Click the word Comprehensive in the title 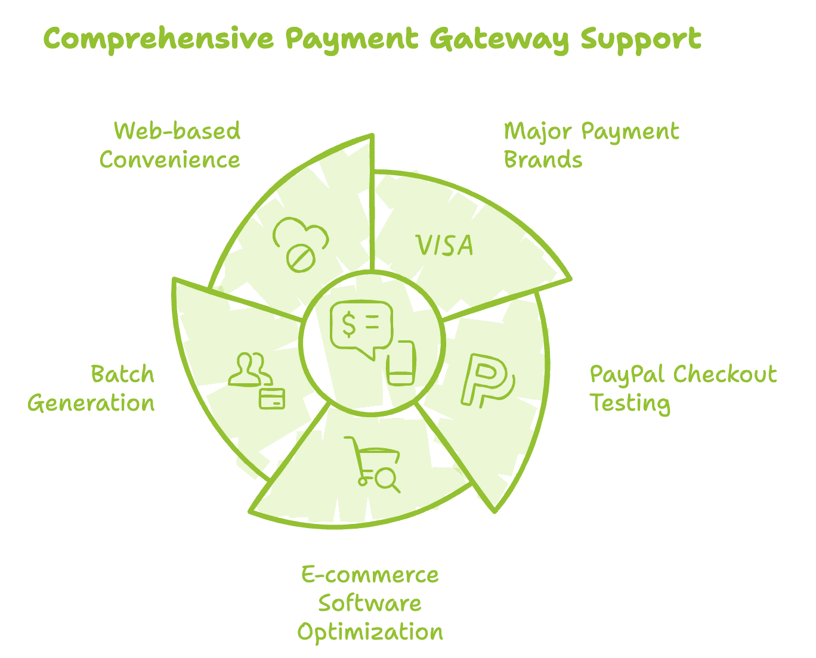[x=158, y=40]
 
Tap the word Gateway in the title [x=499, y=40]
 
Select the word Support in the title [x=641, y=40]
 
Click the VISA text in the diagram [x=444, y=246]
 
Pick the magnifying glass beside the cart [x=388, y=480]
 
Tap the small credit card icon [x=272, y=398]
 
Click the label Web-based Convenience [x=171, y=145]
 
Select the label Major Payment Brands [x=591, y=145]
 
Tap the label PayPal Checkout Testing [x=683, y=389]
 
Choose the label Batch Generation [x=91, y=389]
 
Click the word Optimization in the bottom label [x=370, y=632]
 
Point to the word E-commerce [x=370, y=575]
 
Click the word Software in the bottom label [x=370, y=603]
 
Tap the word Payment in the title [x=351, y=40]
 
